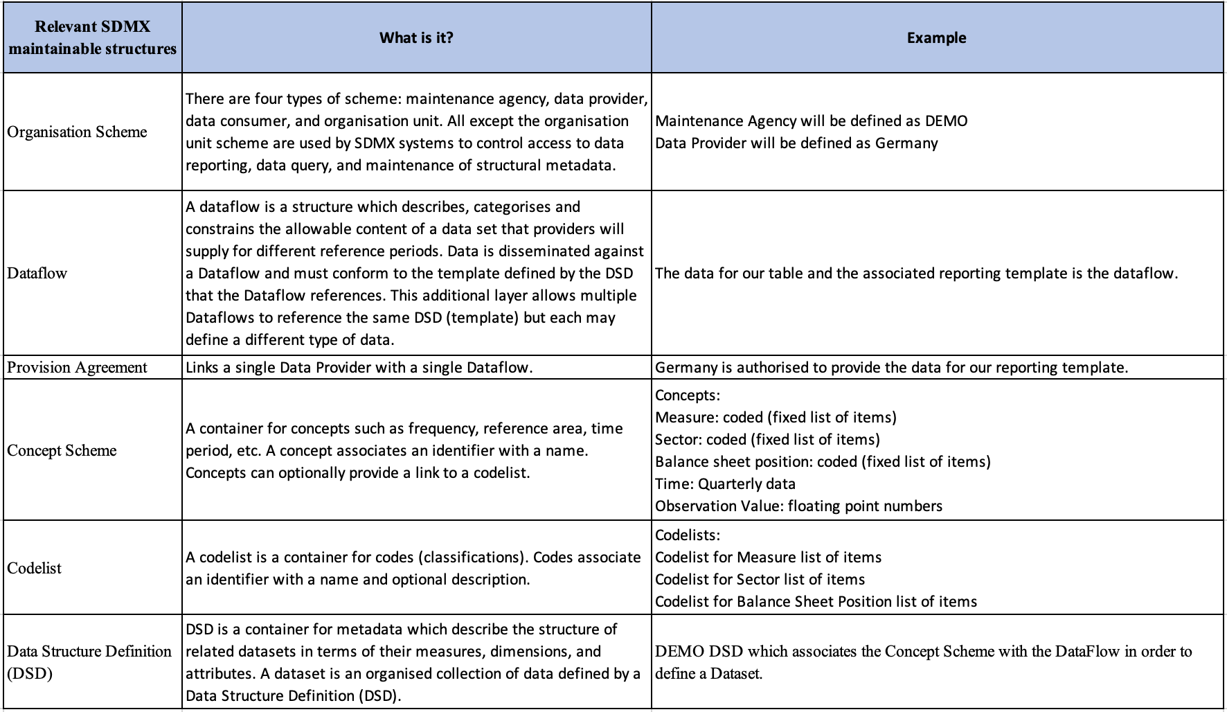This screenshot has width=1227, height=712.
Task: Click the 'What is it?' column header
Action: tap(416, 37)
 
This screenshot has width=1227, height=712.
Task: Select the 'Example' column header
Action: tap(936, 37)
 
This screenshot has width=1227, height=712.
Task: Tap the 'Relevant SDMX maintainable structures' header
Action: tap(93, 37)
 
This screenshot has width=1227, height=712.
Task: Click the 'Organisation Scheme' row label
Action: tap(77, 132)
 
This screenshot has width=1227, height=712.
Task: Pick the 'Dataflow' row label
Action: tap(37, 273)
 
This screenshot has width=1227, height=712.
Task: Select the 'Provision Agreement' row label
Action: tap(77, 367)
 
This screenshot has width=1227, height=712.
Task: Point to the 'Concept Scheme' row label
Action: tap(62, 450)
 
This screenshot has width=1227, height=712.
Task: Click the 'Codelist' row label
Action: tap(35, 568)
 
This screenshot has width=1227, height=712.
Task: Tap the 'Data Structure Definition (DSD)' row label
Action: tap(89, 661)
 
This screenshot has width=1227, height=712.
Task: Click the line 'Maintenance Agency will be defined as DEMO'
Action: tap(811, 121)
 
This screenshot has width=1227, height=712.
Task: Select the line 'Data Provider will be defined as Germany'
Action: tap(796, 143)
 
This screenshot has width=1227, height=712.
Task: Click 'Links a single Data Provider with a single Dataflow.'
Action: tap(359, 367)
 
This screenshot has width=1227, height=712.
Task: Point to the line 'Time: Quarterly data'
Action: tap(725, 483)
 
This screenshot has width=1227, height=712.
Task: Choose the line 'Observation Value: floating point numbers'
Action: tap(798, 506)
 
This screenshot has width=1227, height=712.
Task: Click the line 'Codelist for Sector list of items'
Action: tap(760, 579)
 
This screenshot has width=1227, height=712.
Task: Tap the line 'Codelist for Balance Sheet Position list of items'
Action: tap(816, 601)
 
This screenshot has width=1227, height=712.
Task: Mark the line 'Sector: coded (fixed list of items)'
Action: tap(767, 439)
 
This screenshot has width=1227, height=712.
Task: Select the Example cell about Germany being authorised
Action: tap(891, 367)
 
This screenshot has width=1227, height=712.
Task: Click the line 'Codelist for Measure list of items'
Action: tap(768, 557)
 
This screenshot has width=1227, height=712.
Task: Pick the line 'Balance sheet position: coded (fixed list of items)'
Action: tap(823, 461)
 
